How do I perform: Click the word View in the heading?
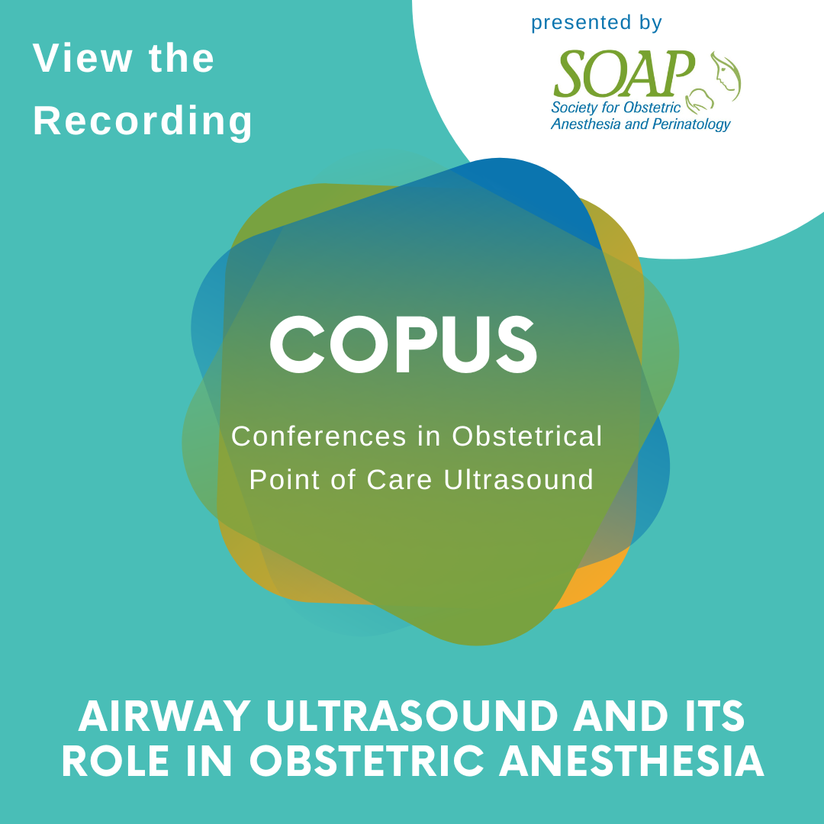coord(82,58)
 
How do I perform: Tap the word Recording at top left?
coord(143,121)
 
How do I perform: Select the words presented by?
coord(597,23)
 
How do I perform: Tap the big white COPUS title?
coord(404,345)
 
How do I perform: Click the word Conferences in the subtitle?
coord(319,436)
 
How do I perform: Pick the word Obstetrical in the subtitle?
coord(527,436)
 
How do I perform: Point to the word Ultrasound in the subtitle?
coord(519,480)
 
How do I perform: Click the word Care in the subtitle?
coord(399,480)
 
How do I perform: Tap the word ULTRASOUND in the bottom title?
coord(412,716)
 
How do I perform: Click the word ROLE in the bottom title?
coord(116,761)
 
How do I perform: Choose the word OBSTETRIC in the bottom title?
coord(366,761)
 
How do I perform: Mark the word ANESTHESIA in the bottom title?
coord(631,761)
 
